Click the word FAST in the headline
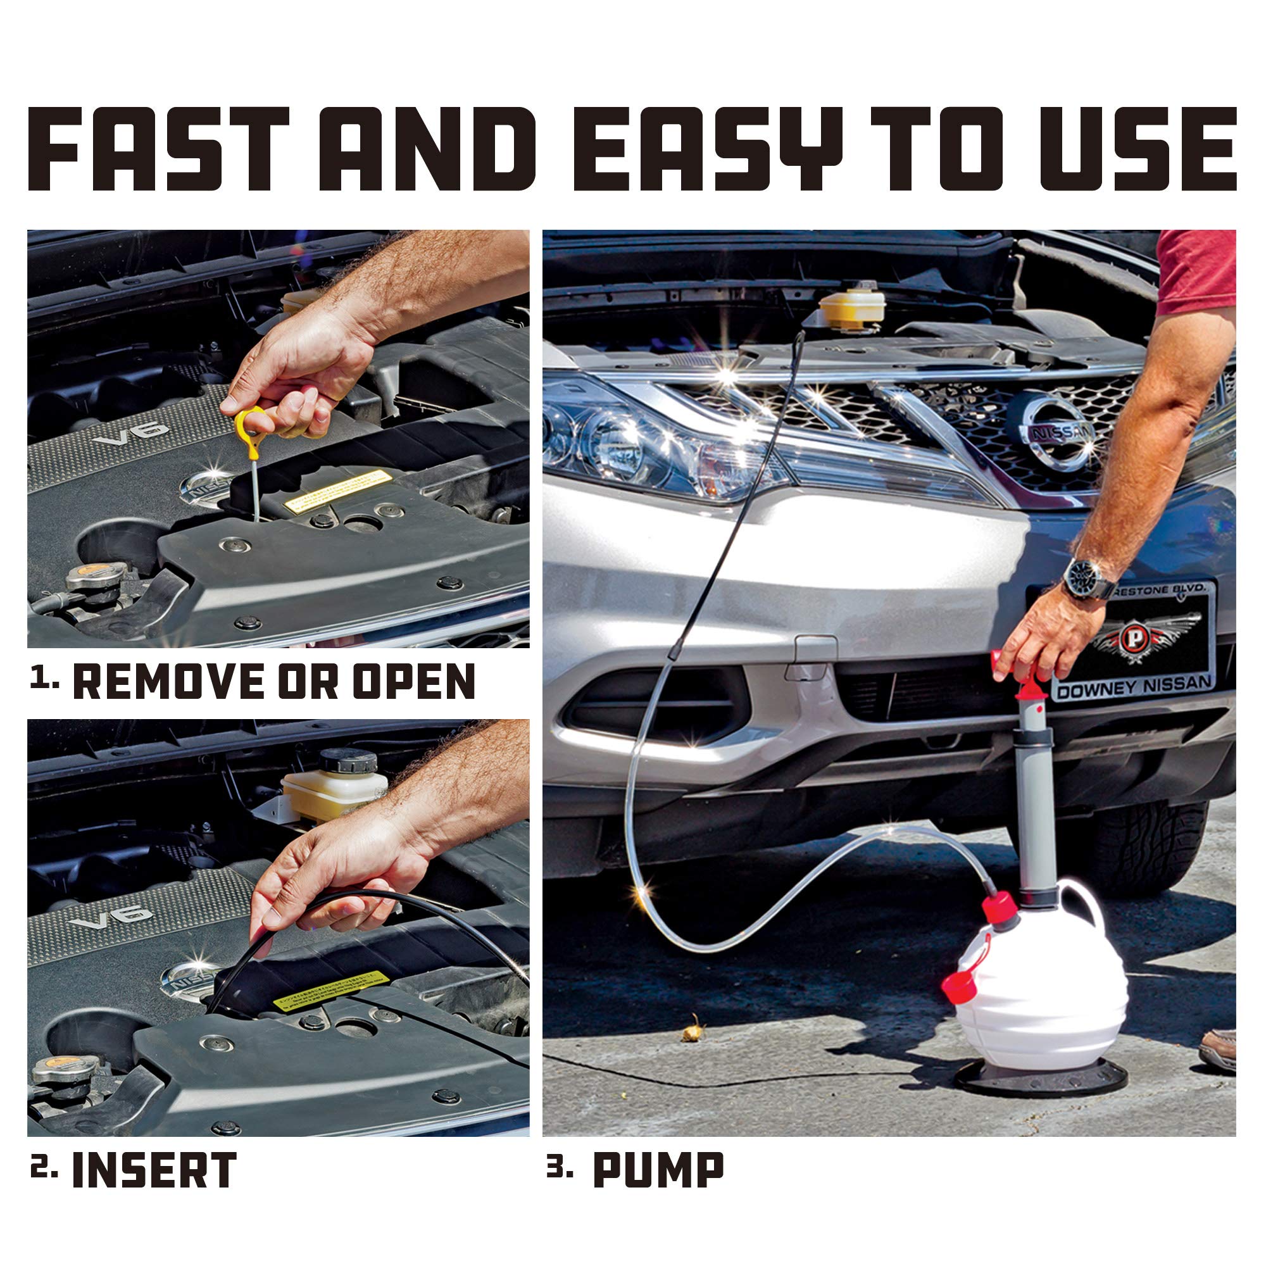tap(157, 149)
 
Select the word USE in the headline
tap(1137, 149)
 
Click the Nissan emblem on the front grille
tap(1055, 432)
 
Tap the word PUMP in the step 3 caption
tap(658, 1170)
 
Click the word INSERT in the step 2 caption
tap(154, 1170)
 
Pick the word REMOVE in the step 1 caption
tap(168, 682)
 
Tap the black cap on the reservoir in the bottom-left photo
tap(348, 761)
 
